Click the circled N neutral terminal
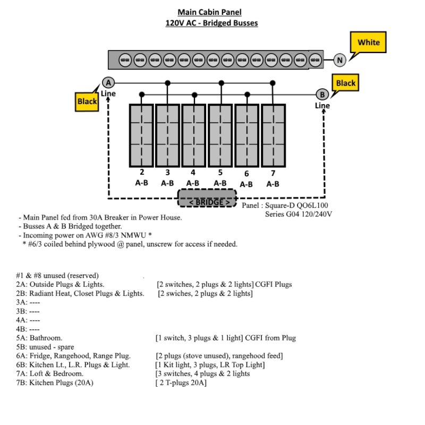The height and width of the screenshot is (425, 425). click(x=339, y=60)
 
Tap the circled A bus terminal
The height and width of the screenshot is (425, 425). click(x=108, y=83)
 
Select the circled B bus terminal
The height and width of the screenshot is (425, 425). click(x=322, y=95)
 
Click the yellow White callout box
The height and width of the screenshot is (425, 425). click(x=368, y=42)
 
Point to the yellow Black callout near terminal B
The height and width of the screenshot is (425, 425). click(x=345, y=83)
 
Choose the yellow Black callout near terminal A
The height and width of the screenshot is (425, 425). click(x=87, y=101)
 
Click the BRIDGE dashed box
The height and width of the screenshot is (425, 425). click(x=207, y=198)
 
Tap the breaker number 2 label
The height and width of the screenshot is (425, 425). click(x=142, y=172)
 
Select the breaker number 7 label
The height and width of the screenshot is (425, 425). click(x=273, y=173)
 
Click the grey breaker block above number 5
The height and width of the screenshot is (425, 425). click(x=220, y=135)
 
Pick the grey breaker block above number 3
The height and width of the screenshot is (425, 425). click(x=167, y=135)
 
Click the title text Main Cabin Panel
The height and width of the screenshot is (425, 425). click(x=209, y=12)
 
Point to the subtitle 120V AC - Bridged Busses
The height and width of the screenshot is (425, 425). click(x=211, y=23)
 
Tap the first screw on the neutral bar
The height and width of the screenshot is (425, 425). click(x=125, y=60)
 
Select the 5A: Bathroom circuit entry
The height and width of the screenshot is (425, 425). click(x=39, y=338)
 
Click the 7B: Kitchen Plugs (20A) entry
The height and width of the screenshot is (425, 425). click(x=55, y=382)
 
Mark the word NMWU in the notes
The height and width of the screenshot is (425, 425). click(x=133, y=235)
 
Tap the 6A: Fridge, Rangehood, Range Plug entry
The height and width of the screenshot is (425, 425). click(x=73, y=356)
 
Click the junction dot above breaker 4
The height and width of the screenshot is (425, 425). click(x=194, y=95)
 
